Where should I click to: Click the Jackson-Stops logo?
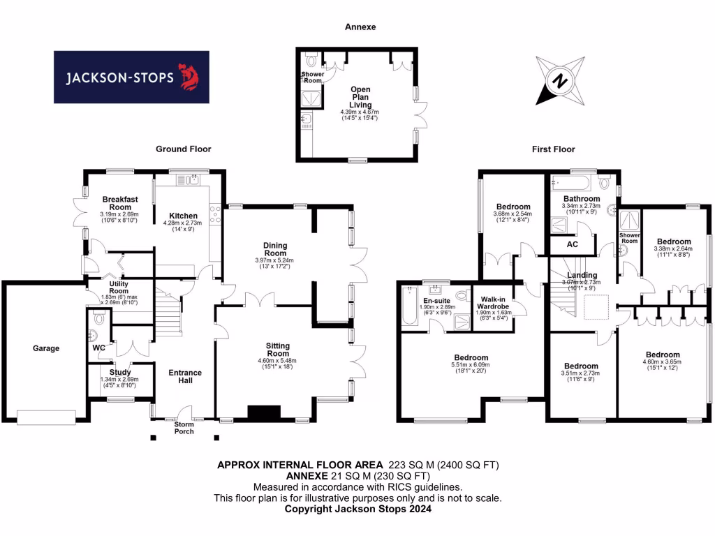131,77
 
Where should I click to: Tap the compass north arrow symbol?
559,80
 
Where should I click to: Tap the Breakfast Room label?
115,203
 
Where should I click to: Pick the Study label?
112,373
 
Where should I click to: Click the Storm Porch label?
184,427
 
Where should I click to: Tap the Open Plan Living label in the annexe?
360,97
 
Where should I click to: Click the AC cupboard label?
573,245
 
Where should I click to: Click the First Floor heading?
552,149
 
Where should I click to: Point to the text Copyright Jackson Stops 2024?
357,509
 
